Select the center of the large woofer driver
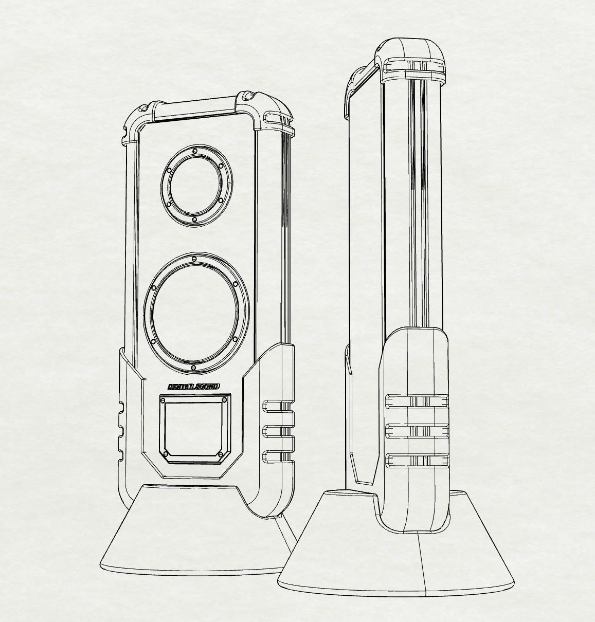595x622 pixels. (193, 313)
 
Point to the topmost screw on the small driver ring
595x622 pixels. (195, 151)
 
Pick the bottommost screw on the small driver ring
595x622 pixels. (194, 219)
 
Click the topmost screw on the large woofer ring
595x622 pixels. (194, 259)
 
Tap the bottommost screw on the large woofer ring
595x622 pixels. (192, 368)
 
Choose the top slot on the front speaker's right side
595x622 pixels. (278, 407)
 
